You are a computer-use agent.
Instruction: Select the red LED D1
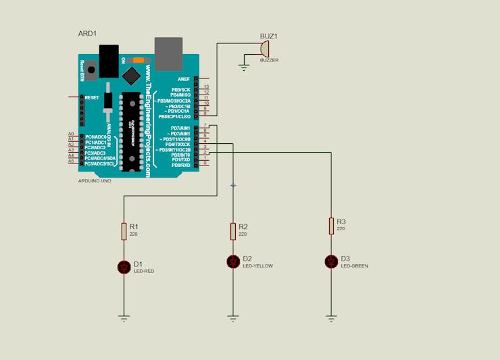pos(124,267)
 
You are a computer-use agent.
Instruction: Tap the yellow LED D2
pos(233,261)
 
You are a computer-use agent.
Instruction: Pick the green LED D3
pos(331,261)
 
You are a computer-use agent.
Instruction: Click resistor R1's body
pos(124,231)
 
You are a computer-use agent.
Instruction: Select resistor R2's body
pos(233,231)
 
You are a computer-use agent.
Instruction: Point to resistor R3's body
pos(331,226)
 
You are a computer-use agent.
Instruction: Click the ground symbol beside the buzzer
pos(244,66)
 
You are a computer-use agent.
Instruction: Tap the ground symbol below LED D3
pos(331,316)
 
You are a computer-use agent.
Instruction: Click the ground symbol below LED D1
pos(124,316)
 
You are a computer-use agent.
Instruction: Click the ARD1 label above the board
pos(88,33)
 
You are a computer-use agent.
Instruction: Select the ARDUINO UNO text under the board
pos(95,181)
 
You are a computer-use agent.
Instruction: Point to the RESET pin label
pos(91,97)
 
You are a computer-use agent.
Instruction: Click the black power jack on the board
pos(108,59)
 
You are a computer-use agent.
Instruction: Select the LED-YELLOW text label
pos(258,266)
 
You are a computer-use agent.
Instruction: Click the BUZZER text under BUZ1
pos(269,60)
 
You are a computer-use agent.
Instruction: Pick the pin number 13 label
pos(207,87)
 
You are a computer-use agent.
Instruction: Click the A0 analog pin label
pos(71,134)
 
